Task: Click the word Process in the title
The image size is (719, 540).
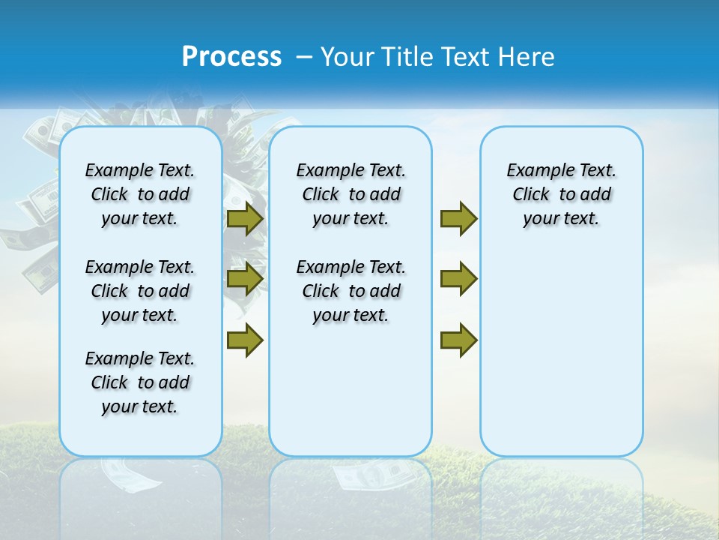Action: tap(231, 57)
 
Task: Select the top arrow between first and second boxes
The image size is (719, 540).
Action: tap(245, 218)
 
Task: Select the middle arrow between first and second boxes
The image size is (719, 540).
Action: tap(245, 279)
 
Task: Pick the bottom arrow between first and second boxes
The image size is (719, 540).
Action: tap(245, 340)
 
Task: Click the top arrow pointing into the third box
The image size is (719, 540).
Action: tap(458, 218)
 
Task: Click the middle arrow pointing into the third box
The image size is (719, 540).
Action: tap(458, 279)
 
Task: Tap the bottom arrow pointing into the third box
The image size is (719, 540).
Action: tap(458, 340)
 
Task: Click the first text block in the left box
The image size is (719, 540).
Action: tap(140, 194)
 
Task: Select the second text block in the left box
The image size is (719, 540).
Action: tap(140, 291)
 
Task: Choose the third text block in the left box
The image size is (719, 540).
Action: tap(140, 382)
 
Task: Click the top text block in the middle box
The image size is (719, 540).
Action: tap(351, 194)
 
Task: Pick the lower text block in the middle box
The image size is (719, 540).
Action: tap(351, 291)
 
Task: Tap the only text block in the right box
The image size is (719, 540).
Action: tap(561, 194)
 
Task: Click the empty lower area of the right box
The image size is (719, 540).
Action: tap(561, 352)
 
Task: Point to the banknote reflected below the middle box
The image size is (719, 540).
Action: tap(371, 475)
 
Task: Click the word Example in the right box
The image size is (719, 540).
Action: tap(533, 171)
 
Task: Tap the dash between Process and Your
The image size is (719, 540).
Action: tap(304, 57)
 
